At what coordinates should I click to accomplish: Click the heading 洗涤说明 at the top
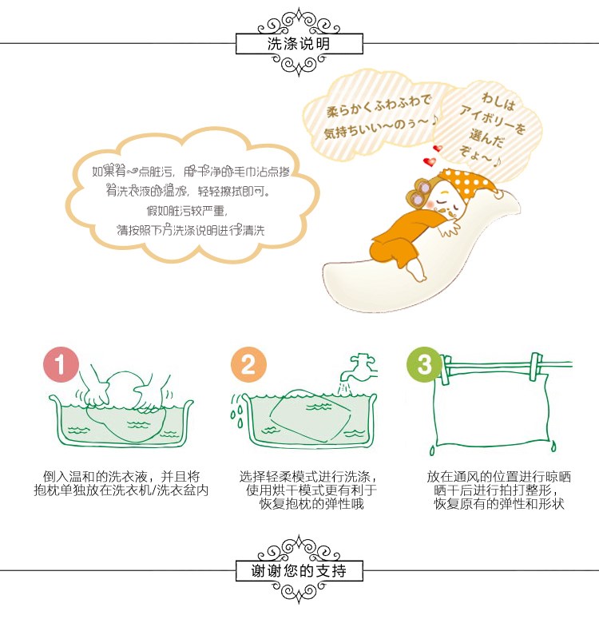[x=299, y=44]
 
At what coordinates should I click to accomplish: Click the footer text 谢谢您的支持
[x=299, y=571]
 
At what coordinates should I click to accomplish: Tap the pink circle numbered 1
[x=61, y=365]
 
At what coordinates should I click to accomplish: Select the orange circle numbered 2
[x=248, y=365]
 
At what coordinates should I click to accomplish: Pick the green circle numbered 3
[x=424, y=365]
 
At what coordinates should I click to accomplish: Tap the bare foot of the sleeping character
[x=416, y=270]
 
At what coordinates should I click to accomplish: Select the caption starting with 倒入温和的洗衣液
[x=121, y=483]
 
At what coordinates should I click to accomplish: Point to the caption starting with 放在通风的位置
[x=498, y=490]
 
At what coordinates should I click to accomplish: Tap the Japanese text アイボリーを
[x=493, y=118]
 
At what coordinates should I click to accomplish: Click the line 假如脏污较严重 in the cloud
[x=187, y=211]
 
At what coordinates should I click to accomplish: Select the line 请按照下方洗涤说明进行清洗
[x=191, y=230]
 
